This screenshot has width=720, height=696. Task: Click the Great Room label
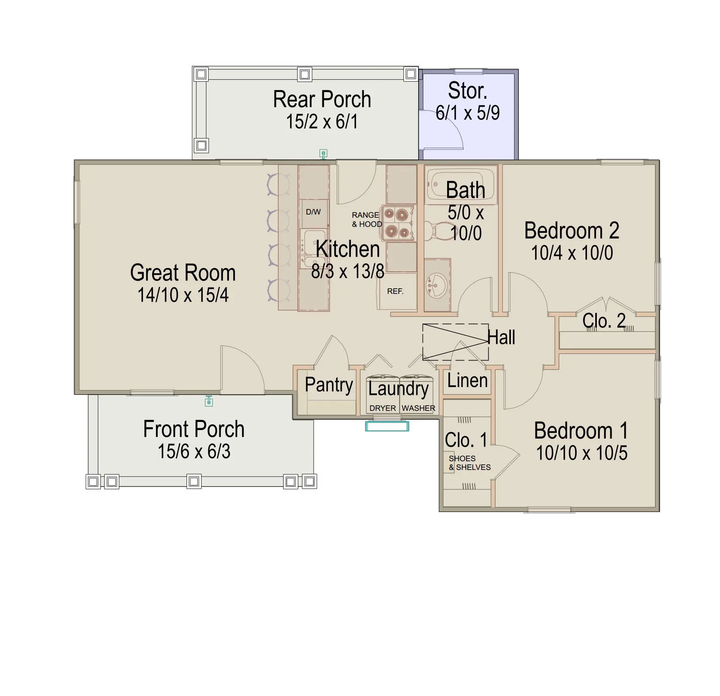[x=183, y=273]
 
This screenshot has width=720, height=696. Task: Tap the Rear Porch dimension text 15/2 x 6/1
[x=322, y=122]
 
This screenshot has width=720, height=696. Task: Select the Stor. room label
[x=467, y=91]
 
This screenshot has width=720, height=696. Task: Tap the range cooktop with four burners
[x=398, y=223]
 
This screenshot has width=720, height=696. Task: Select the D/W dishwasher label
[x=313, y=212]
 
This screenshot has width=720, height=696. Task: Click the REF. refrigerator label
[x=395, y=291]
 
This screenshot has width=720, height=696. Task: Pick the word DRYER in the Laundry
[x=383, y=408]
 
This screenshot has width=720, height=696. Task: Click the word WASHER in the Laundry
[x=418, y=408]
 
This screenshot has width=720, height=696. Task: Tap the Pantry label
[x=329, y=385]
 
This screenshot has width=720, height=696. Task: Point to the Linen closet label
[x=467, y=381]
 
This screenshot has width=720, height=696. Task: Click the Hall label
[x=501, y=337]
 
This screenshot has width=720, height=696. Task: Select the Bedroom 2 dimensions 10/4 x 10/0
[x=572, y=253]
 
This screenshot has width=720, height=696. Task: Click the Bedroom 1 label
[x=581, y=431]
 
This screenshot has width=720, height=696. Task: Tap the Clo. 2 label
[x=604, y=320]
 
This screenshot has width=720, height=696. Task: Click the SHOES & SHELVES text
[x=470, y=463]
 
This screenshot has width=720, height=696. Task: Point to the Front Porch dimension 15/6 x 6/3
[x=194, y=451]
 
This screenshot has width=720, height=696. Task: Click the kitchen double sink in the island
[x=313, y=248]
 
